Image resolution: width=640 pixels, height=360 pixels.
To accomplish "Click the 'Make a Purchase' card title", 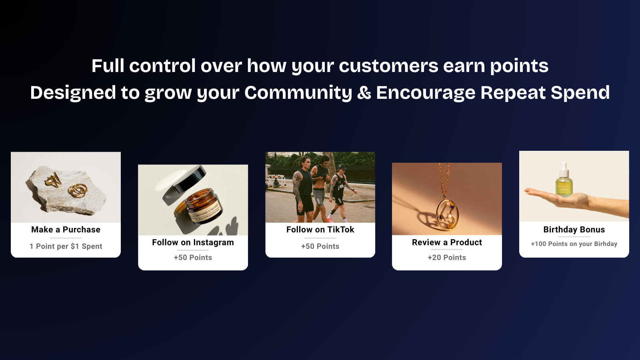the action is pos(66,230).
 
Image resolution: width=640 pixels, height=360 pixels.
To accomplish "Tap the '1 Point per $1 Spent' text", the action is pos(66,246).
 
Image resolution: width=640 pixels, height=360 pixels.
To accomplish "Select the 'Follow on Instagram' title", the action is pos(193,242).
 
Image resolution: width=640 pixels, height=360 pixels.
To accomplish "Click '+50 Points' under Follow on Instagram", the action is pos(193,258).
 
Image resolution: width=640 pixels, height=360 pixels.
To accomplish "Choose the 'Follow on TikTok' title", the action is pos(320,230).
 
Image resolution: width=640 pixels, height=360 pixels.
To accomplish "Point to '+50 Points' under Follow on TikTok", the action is pos(320,246).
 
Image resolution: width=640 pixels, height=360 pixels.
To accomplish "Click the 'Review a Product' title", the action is pos(447,242).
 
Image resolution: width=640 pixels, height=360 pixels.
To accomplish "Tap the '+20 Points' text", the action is pos(447,258).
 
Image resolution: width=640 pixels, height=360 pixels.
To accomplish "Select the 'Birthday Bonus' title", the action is pos(574,230).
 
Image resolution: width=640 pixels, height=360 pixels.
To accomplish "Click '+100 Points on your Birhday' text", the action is pos(574,244).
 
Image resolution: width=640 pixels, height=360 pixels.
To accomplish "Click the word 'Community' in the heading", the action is pos(298,92).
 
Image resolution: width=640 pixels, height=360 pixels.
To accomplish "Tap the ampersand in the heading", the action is pos(364,92).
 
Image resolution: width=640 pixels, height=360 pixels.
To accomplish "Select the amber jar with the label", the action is pos(202,206).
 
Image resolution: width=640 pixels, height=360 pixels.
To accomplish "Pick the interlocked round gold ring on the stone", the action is pos(78,190).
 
